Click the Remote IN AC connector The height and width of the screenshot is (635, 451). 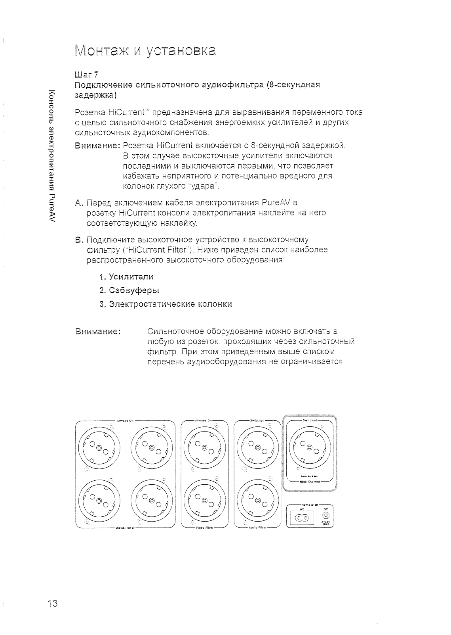click(x=303, y=517)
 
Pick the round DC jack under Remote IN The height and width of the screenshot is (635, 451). click(x=325, y=516)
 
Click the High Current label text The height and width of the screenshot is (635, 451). click(x=310, y=482)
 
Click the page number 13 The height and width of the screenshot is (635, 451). click(x=52, y=604)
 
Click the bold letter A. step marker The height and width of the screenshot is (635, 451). click(x=78, y=203)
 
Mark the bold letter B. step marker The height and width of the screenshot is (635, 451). click(x=78, y=240)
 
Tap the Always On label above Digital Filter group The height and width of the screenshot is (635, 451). click(x=125, y=420)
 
